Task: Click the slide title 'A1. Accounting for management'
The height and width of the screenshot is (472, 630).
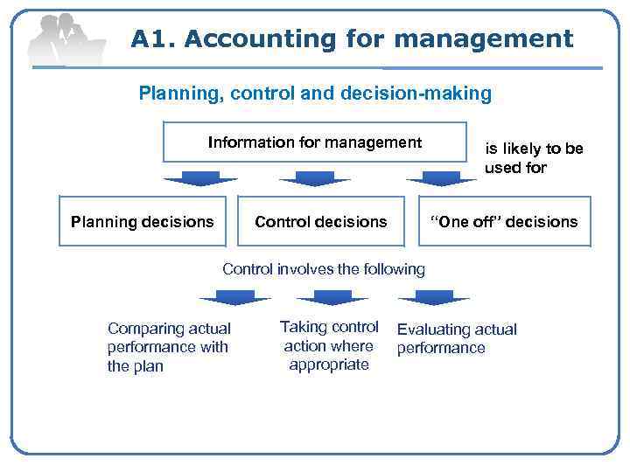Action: click(352, 39)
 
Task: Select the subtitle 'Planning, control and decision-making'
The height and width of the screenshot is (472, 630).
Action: click(315, 93)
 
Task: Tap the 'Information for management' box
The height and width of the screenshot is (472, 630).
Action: click(315, 142)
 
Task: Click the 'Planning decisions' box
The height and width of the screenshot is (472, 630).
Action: click(142, 221)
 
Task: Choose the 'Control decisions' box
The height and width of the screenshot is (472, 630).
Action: click(320, 221)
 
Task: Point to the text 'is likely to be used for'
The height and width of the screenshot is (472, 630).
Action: click(534, 157)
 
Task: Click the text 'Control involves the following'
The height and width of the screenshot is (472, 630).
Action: click(324, 269)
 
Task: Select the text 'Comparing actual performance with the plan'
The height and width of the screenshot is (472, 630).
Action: click(169, 347)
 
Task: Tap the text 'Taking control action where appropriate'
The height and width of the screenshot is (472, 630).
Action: click(329, 345)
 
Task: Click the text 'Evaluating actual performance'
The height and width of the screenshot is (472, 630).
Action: click(457, 338)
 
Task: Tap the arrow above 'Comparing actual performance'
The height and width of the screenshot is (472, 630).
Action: click(234, 297)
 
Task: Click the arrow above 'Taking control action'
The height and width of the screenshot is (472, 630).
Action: click(332, 297)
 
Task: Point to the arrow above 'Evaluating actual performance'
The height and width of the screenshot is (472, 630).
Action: click(434, 297)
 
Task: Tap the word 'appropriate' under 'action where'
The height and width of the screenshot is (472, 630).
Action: click(329, 364)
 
